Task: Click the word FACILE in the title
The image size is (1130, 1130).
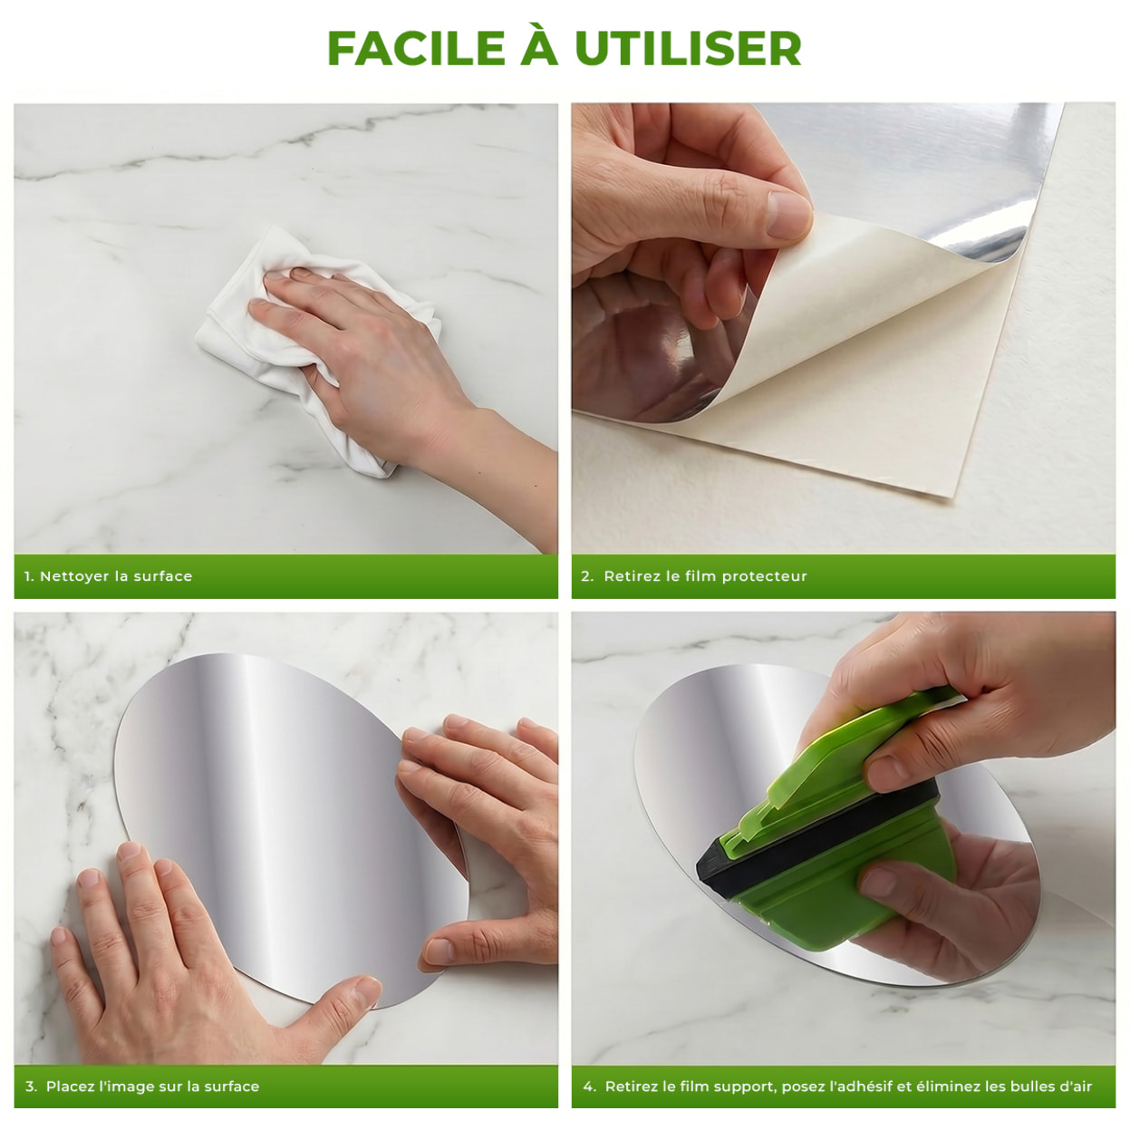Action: click(416, 48)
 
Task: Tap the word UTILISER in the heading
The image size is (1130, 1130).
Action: click(688, 48)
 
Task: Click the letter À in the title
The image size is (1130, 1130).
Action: click(538, 44)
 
